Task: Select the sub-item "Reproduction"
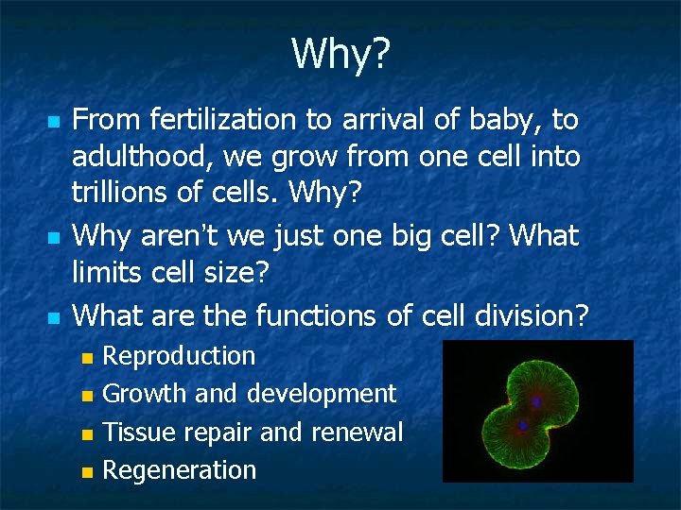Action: (179, 356)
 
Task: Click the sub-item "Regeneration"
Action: (179, 470)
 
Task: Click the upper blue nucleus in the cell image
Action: (536, 401)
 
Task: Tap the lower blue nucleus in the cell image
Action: (522, 427)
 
